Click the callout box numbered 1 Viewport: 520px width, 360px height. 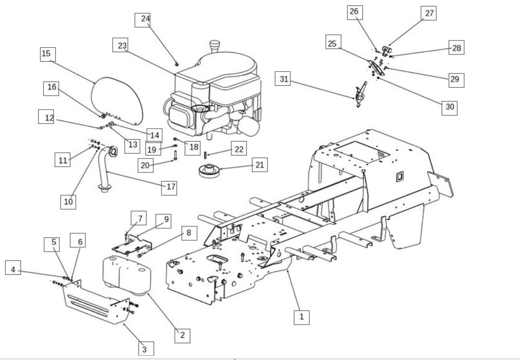301,317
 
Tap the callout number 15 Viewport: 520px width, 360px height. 46,54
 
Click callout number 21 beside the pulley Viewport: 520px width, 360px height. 259,165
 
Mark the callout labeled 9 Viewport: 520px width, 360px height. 166,219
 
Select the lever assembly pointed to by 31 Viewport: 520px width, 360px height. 360,95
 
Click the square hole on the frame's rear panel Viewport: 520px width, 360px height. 399,177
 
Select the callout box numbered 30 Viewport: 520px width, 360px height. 450,107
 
